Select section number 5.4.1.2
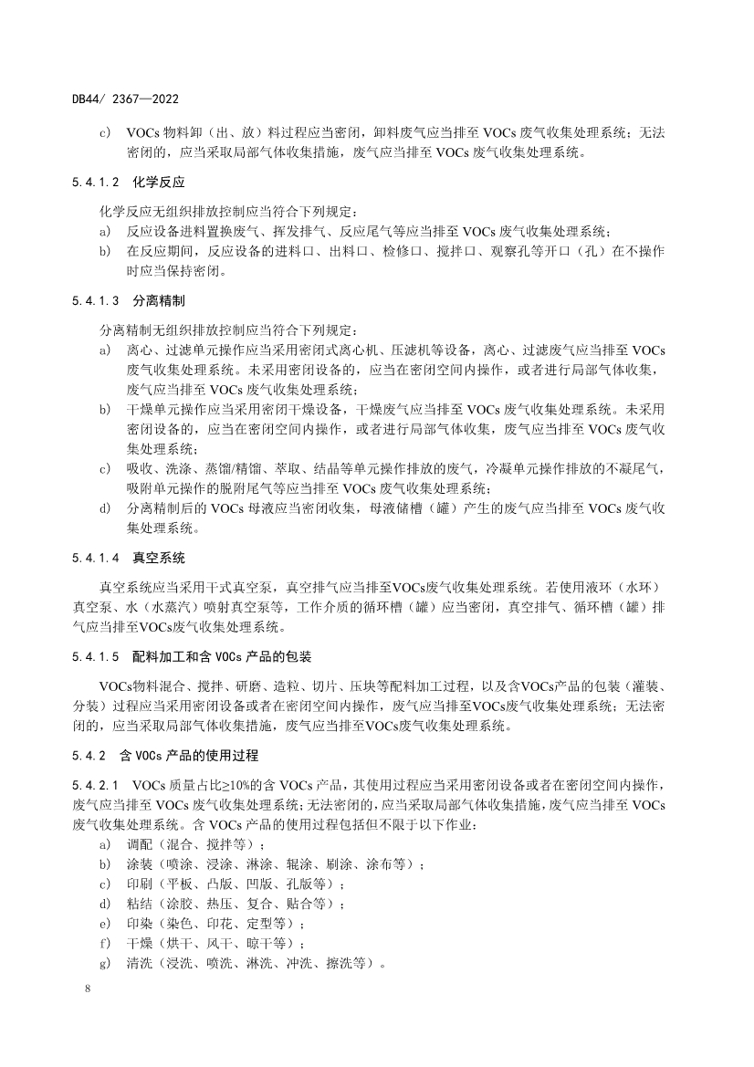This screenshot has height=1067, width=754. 95,182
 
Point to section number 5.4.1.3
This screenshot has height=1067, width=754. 95,299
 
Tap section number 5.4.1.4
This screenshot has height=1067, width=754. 95,557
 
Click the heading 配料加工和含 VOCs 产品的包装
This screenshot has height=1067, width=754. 222,656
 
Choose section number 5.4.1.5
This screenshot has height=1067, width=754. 95,656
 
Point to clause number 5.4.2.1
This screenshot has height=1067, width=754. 95,784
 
